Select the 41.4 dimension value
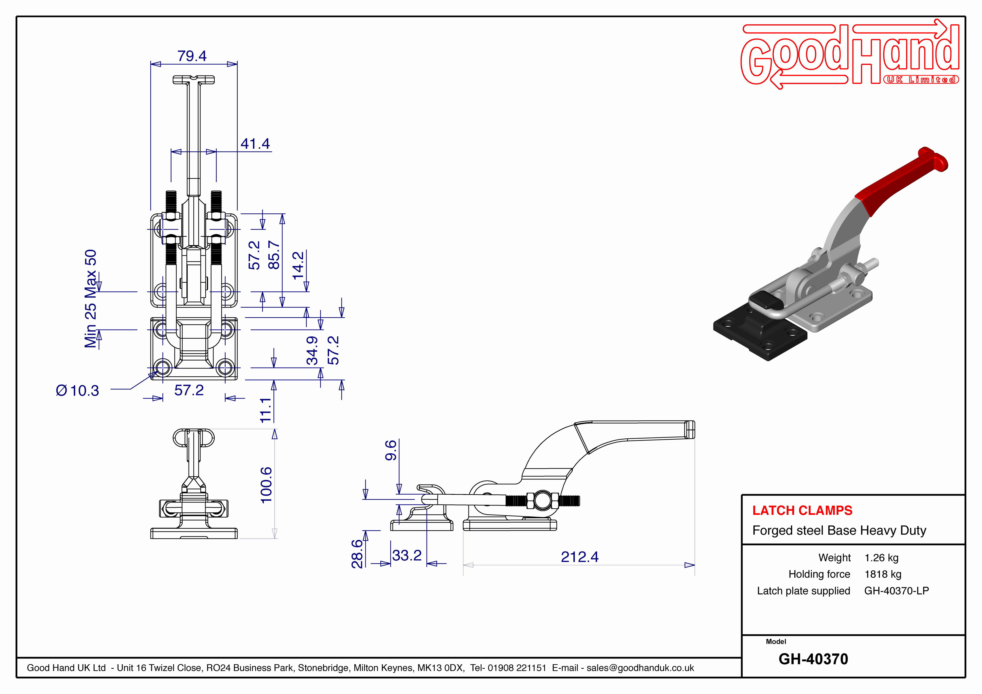tap(255, 144)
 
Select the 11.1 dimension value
tap(266, 410)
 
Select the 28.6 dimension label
tap(357, 554)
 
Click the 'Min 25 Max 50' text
tap(91, 298)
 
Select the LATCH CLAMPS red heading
tap(802, 510)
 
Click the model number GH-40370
tap(813, 659)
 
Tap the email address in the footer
tap(640, 668)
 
